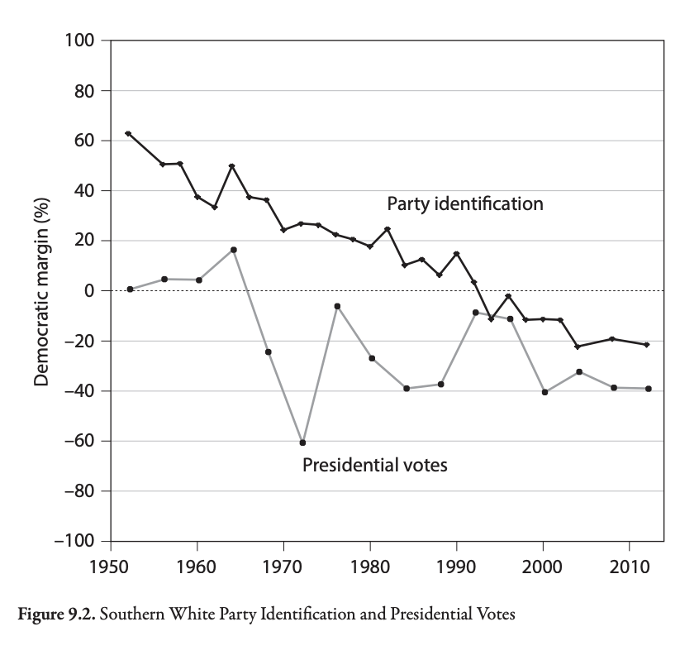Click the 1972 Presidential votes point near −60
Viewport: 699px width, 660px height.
(x=302, y=442)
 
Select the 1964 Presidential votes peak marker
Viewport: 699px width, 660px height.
(x=234, y=250)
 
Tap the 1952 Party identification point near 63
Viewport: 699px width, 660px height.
(x=128, y=133)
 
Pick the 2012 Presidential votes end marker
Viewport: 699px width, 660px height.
(x=648, y=389)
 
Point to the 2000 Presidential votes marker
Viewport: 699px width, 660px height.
(x=544, y=392)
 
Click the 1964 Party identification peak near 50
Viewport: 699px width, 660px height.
(x=232, y=166)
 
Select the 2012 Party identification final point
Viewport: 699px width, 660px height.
(x=647, y=345)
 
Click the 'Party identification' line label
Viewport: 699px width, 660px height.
(x=465, y=203)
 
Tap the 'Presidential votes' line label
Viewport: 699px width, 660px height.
(x=374, y=465)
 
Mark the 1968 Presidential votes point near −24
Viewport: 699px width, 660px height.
(x=269, y=352)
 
